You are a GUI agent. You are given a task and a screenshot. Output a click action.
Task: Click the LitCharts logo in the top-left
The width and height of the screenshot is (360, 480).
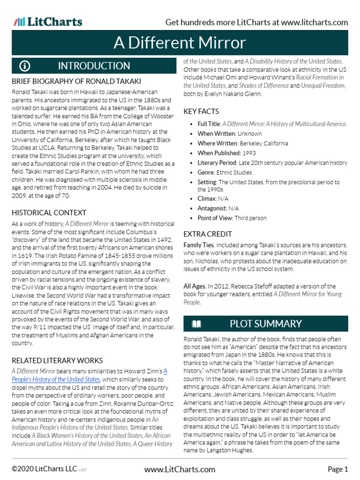(x=48, y=22)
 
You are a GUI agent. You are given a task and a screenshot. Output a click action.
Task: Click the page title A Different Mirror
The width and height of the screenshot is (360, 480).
(x=180, y=43)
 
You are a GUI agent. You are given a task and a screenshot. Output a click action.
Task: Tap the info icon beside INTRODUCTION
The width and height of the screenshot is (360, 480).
(x=25, y=66)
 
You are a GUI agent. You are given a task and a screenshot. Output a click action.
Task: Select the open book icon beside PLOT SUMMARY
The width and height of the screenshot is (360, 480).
(x=196, y=324)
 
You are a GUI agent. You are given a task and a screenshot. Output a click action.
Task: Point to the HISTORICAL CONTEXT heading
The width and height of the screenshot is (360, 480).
(x=49, y=213)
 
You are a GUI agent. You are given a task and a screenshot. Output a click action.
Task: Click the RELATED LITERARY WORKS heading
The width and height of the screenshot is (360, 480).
(x=57, y=360)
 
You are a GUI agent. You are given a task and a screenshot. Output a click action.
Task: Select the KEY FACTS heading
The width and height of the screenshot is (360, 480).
(x=201, y=111)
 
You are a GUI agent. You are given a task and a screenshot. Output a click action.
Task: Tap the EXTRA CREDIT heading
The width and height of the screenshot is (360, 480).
(x=208, y=234)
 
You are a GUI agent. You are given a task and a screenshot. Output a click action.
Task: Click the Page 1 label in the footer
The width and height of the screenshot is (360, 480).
(x=337, y=469)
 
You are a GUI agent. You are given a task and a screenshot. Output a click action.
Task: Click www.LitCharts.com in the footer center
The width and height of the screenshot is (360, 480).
(x=180, y=469)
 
